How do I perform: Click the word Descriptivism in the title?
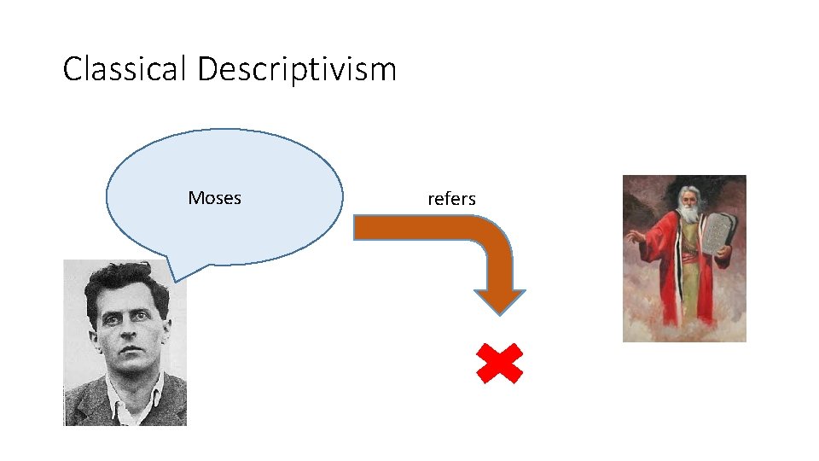[x=297, y=69]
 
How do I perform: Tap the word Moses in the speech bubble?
[x=214, y=198]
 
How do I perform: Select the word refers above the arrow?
[x=451, y=199]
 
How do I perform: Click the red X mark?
[x=499, y=364]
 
